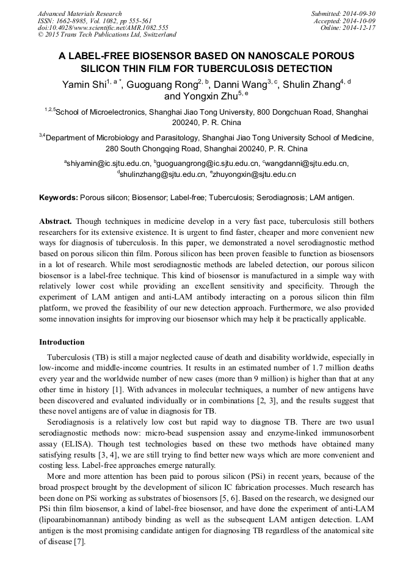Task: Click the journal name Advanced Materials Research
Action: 79,13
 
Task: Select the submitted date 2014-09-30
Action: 359,13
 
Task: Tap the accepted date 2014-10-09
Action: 360,21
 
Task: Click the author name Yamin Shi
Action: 83,85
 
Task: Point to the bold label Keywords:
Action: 59,198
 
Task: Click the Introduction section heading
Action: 62,342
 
